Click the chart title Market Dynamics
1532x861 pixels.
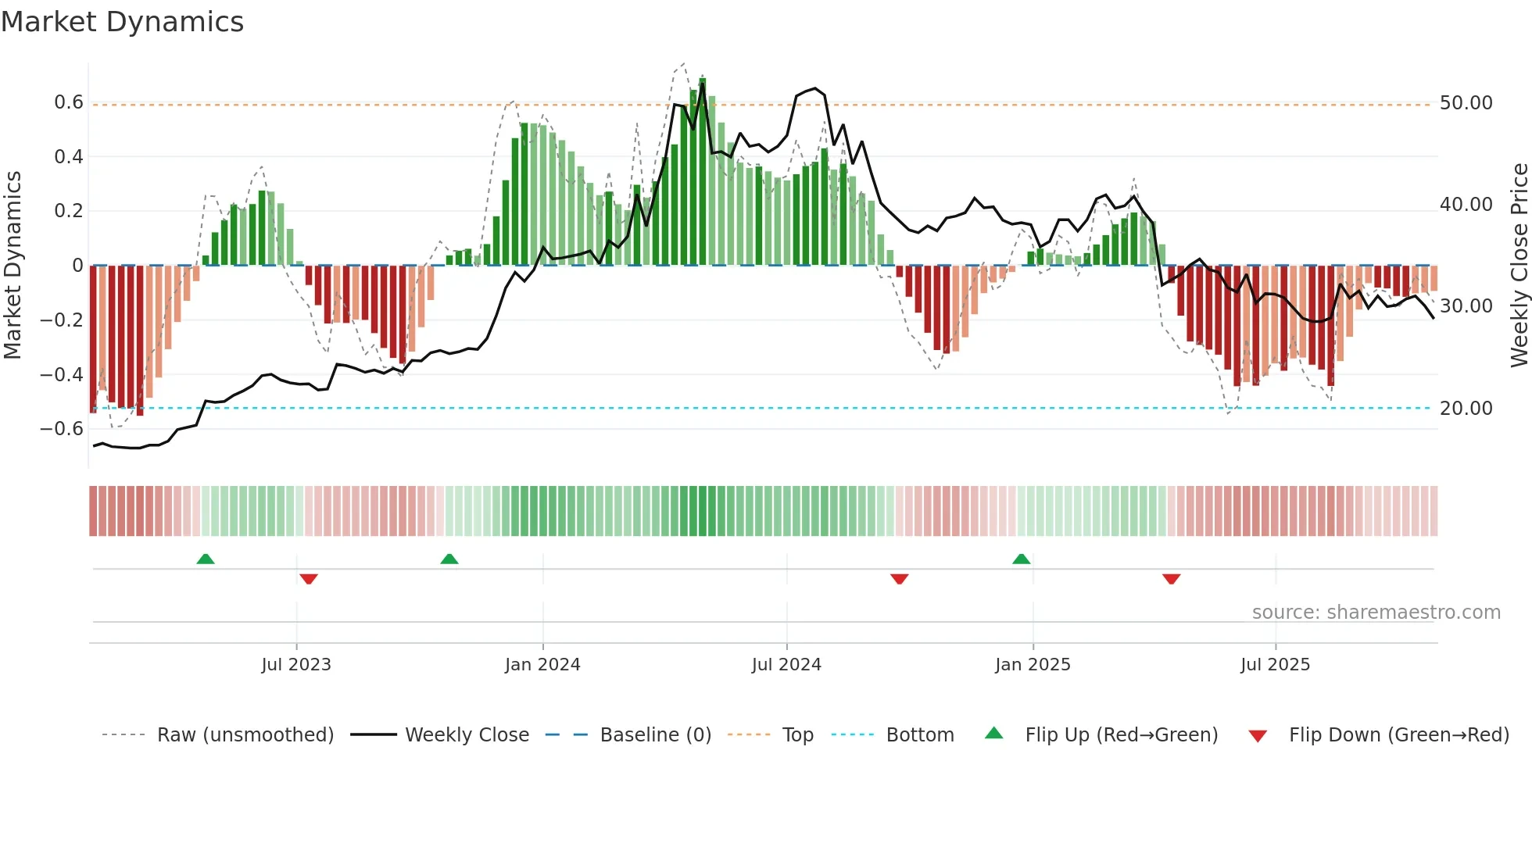click(122, 22)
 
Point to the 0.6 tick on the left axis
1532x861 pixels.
click(69, 102)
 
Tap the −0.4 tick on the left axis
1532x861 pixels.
click(62, 374)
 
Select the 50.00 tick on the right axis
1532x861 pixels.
click(1466, 103)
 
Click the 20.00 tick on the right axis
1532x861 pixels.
click(1466, 409)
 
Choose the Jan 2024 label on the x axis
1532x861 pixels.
click(542, 665)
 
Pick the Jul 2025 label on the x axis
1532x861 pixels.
click(1275, 665)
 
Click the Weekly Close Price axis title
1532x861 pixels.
click(1519, 265)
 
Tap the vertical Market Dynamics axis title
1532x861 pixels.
click(13, 265)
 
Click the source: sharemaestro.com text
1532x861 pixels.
click(1376, 613)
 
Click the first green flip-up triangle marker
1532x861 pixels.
click(206, 559)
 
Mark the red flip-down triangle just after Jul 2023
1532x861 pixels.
click(309, 579)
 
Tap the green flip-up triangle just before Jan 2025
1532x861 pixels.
click(1021, 559)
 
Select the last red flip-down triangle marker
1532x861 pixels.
click(1171, 579)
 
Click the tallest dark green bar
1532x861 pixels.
click(703, 172)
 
